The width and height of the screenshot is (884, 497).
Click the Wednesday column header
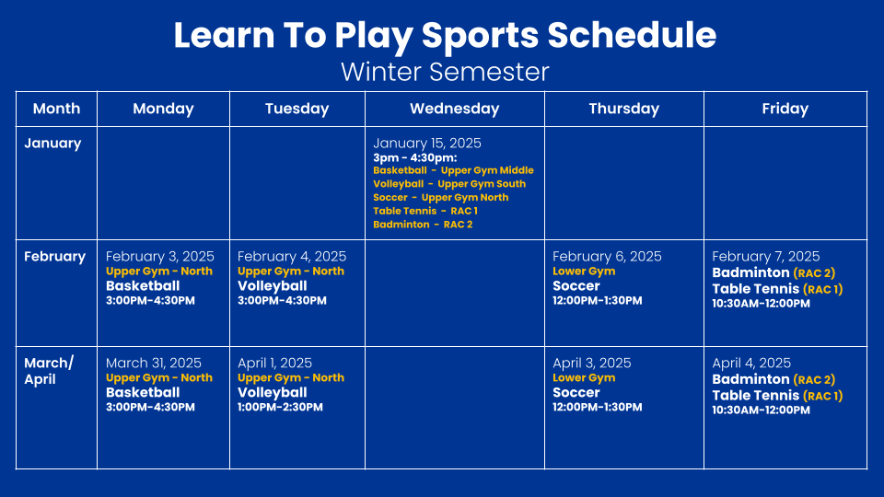(x=454, y=109)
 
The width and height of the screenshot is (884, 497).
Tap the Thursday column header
(x=623, y=109)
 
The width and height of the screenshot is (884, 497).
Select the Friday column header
(x=785, y=109)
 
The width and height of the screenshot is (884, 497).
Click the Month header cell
(x=56, y=109)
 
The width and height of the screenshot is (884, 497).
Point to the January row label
(x=52, y=144)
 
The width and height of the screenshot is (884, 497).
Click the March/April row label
(x=49, y=371)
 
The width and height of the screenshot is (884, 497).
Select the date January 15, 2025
(x=426, y=144)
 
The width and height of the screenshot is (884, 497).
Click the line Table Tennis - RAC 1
(x=425, y=211)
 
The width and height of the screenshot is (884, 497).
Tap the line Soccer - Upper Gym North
(x=440, y=197)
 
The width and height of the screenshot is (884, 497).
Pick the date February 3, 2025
(x=159, y=257)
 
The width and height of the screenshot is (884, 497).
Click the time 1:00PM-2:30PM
(x=280, y=407)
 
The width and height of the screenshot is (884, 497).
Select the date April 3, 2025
(x=591, y=363)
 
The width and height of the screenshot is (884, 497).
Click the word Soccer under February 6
(x=576, y=285)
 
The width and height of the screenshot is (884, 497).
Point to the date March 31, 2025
(x=154, y=363)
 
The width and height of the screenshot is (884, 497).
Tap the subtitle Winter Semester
(x=445, y=72)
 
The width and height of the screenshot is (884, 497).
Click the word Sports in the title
(x=480, y=35)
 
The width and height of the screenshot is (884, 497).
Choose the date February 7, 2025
(x=765, y=257)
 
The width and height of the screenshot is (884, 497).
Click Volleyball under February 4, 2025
(x=272, y=285)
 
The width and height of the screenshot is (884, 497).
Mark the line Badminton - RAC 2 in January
(x=423, y=225)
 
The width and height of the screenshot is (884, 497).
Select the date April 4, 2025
(x=751, y=363)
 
